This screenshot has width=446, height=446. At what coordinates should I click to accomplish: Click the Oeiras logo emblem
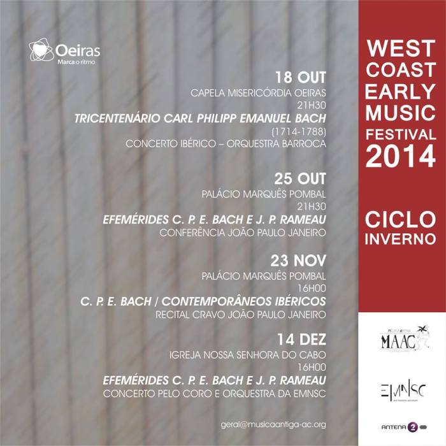pos(41,50)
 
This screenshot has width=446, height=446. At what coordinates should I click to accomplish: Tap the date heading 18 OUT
pos(300,78)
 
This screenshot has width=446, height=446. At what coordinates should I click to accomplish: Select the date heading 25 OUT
pos(300,179)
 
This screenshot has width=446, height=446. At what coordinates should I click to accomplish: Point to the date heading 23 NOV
pos(298,261)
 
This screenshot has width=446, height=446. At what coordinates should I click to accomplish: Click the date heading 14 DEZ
pos(301,340)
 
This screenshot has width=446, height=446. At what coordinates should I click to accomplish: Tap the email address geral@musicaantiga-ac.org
pos(273,425)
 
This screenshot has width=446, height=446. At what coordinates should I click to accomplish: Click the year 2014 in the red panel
pos(401,156)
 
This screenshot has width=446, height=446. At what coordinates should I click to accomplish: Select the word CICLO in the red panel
pos(401,220)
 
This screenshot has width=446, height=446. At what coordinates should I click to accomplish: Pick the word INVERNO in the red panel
pos(401,239)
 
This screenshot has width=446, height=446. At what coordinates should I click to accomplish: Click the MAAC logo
pos(405,340)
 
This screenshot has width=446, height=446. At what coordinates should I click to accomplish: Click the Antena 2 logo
pos(404,427)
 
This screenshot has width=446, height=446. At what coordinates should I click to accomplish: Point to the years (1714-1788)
pos(299,131)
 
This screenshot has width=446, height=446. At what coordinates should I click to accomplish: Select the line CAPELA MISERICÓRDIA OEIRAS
pos(258,93)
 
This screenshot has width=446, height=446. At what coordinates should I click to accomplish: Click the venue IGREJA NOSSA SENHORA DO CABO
pos(247,355)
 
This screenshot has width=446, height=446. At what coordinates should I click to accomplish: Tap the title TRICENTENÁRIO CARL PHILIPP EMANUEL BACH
pos(200,119)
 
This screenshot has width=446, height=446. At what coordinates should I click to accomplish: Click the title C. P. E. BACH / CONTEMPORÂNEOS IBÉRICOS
pos(203,301)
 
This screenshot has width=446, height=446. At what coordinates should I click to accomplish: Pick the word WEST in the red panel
pos(401,48)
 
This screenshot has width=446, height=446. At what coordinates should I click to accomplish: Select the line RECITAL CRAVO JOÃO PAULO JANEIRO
pos(241,315)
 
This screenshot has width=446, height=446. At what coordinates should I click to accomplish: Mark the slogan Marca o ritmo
pos(76,62)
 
